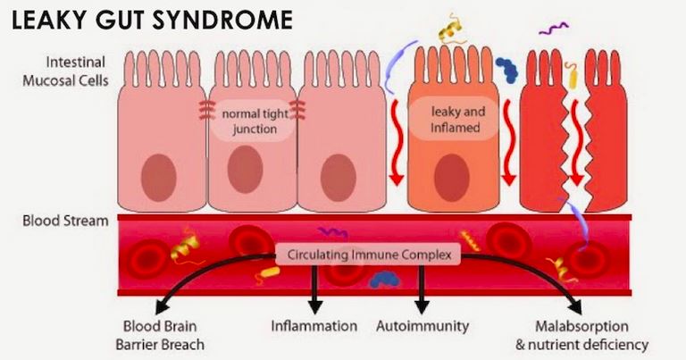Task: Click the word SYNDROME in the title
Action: click(227, 20)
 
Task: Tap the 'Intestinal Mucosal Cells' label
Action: click(65, 71)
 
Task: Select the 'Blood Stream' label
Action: click(65, 221)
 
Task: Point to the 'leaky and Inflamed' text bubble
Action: click(455, 119)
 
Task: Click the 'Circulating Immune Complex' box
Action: click(369, 255)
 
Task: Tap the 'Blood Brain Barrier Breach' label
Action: click(160, 335)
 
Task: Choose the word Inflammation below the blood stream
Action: click(314, 326)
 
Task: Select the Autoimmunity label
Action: click(422, 326)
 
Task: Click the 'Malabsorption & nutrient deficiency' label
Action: click(581, 335)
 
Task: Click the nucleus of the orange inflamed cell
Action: click(452, 177)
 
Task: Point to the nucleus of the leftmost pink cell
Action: click(159, 178)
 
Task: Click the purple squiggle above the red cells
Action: click(554, 29)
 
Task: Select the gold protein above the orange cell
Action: click(450, 29)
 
